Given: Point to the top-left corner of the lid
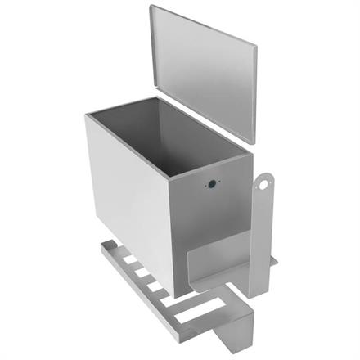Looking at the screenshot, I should (x=151, y=7).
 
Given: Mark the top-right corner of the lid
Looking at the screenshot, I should (x=256, y=46).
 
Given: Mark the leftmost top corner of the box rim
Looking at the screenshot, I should (x=85, y=115).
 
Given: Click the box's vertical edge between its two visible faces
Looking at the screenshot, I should (x=171, y=237).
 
